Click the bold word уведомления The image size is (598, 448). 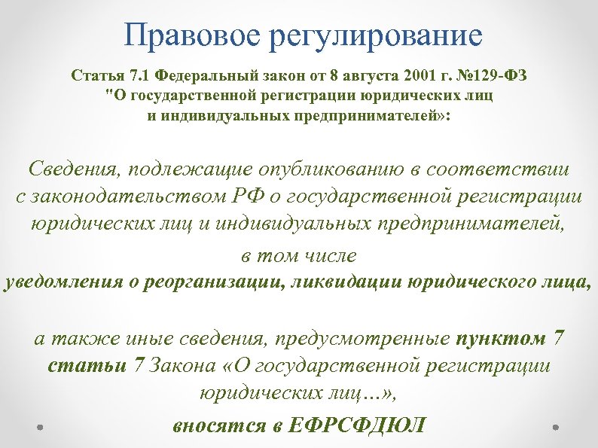click(61, 283)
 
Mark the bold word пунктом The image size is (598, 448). click(502, 338)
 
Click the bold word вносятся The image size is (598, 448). click(218, 425)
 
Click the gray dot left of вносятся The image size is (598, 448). click(41, 425)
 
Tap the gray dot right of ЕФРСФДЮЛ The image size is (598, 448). click(556, 425)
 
